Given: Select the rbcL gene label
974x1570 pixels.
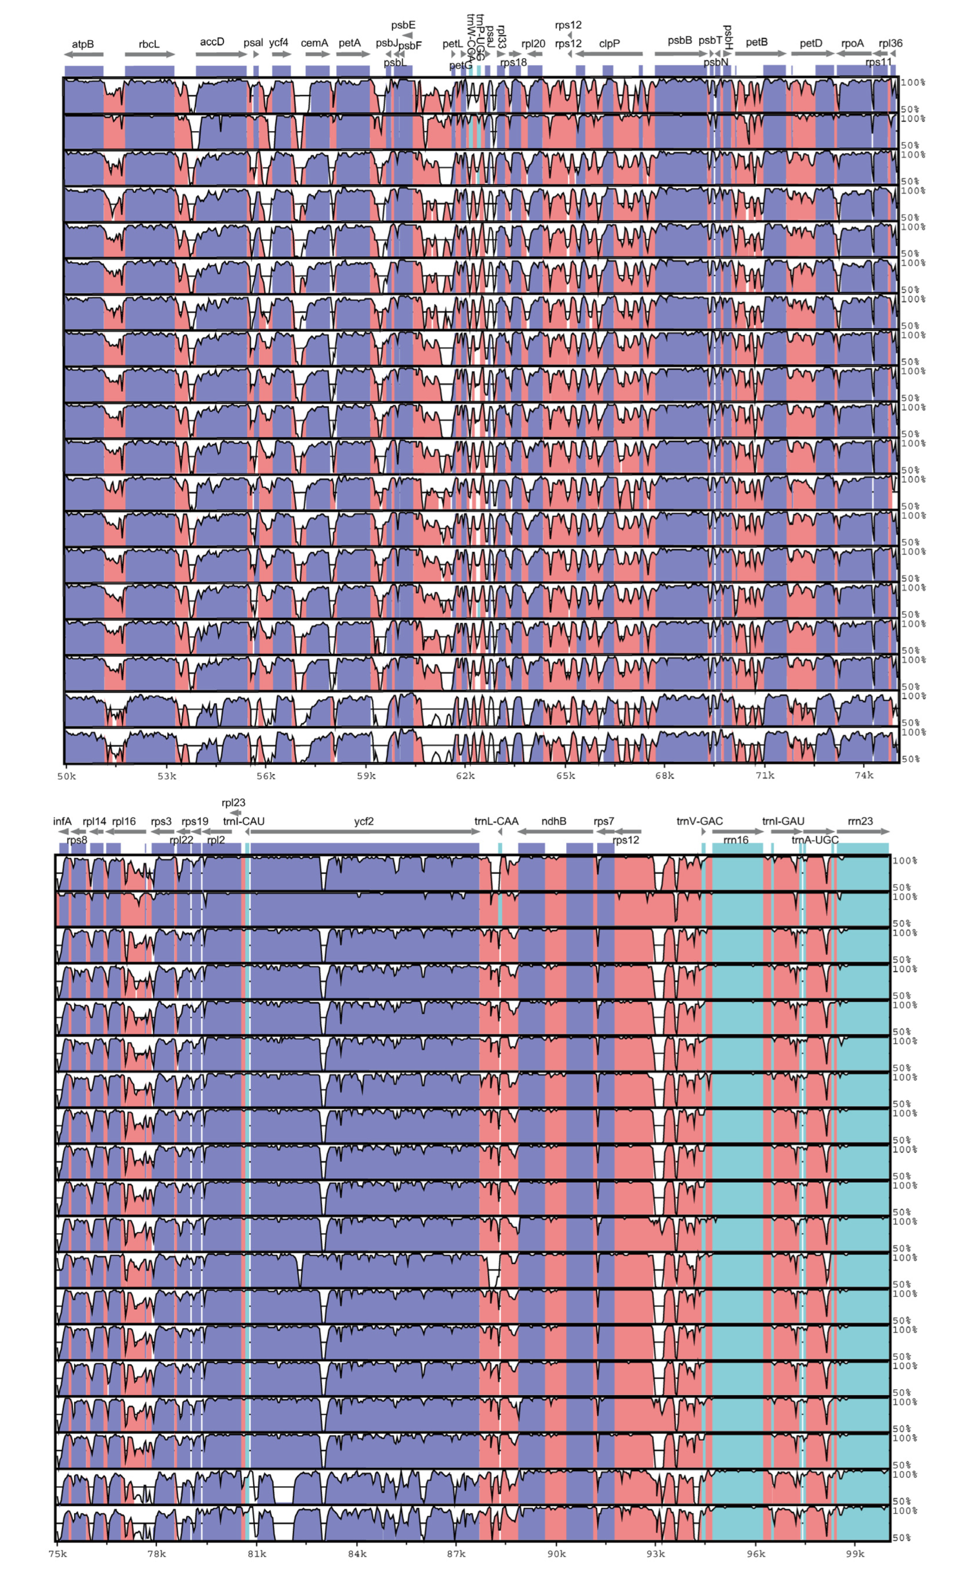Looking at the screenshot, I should tap(149, 45).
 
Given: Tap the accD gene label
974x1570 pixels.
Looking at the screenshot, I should tap(212, 42).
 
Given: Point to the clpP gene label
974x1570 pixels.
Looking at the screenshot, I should tap(609, 44).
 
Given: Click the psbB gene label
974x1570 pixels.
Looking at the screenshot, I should tap(680, 41).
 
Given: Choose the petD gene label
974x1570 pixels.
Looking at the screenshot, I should tap(811, 44).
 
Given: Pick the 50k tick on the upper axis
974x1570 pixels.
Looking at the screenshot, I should tap(66, 776).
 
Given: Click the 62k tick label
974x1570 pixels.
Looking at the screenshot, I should tap(465, 776).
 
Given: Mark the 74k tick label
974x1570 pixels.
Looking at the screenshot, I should tap(864, 775).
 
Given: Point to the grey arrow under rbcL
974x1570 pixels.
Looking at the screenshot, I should tap(149, 55).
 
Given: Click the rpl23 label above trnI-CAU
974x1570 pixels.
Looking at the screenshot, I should tap(233, 803).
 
